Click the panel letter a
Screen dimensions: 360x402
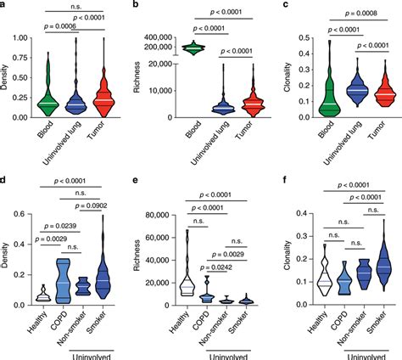click(x=4, y=6)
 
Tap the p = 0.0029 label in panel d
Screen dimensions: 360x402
click(x=59, y=241)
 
